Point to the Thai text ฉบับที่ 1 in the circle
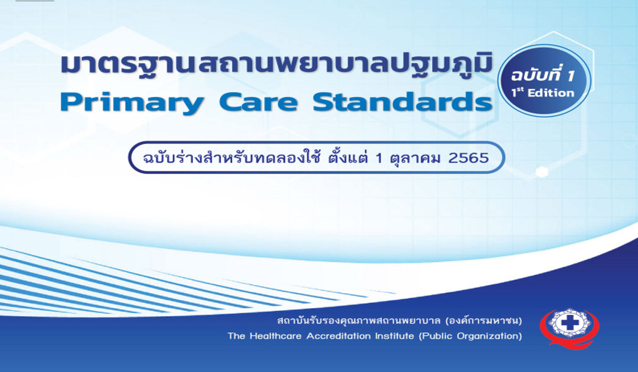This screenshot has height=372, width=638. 543,76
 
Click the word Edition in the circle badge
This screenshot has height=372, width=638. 551,93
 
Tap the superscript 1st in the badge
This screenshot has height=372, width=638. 518,92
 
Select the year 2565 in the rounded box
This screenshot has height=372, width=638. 468,158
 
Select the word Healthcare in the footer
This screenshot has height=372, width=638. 276,336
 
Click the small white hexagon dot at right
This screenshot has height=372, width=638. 542,172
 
